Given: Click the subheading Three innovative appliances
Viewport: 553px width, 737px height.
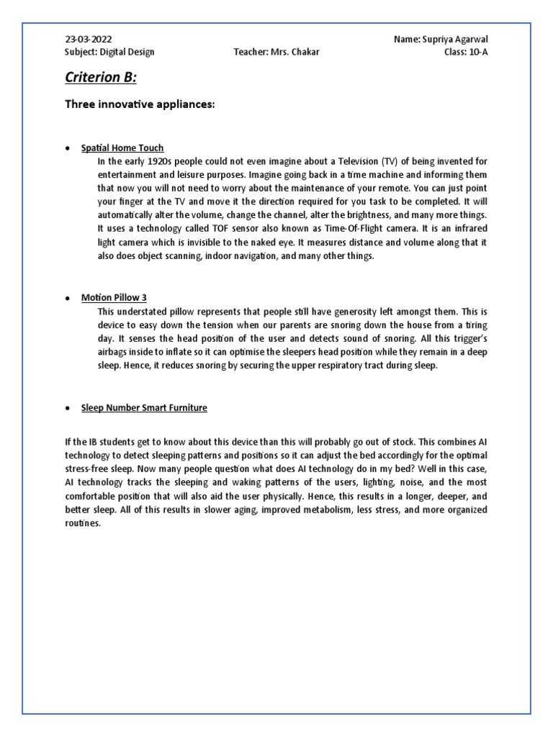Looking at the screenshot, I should coord(140,105).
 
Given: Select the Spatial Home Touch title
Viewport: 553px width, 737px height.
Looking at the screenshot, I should coord(122,148).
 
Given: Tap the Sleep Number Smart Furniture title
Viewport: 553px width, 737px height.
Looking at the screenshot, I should coord(144,407).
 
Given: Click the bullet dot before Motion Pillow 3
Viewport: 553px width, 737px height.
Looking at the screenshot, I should coord(67,298).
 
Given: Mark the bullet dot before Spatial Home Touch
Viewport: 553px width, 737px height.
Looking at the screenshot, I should coord(67,149).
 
